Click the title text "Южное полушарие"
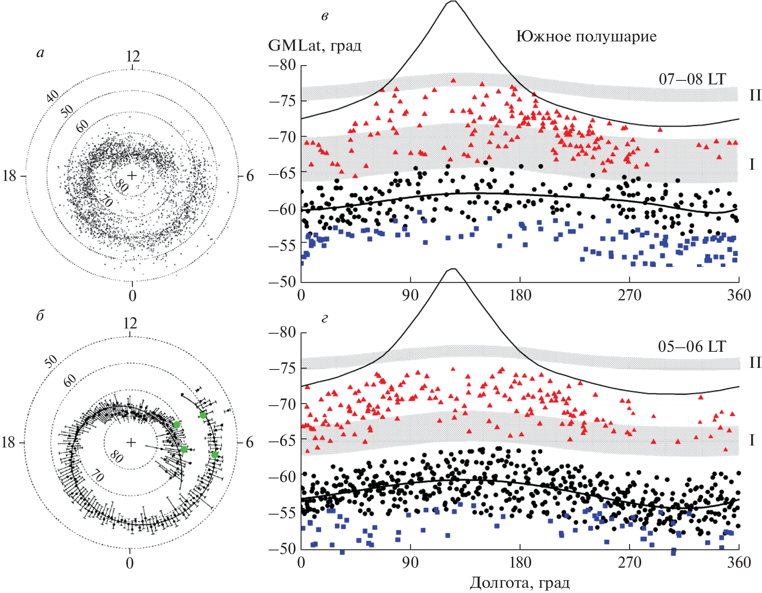[586, 37]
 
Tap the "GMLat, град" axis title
[314, 45]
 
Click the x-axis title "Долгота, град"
[520, 583]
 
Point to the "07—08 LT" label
[692, 79]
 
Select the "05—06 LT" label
[692, 347]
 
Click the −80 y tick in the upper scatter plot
[282, 65]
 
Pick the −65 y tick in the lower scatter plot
[282, 441]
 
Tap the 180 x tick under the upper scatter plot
[520, 295]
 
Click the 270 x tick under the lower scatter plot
[629, 562]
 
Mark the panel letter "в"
[325, 16]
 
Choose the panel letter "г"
[325, 319]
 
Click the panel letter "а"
[40, 53]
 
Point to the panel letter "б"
[40, 316]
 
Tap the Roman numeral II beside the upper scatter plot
[755, 95]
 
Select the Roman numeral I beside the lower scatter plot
[752, 441]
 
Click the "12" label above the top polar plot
[132, 57]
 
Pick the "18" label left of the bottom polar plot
[9, 443]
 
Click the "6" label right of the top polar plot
[250, 176]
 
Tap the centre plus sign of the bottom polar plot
[131, 443]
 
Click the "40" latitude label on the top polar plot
[53, 96]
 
